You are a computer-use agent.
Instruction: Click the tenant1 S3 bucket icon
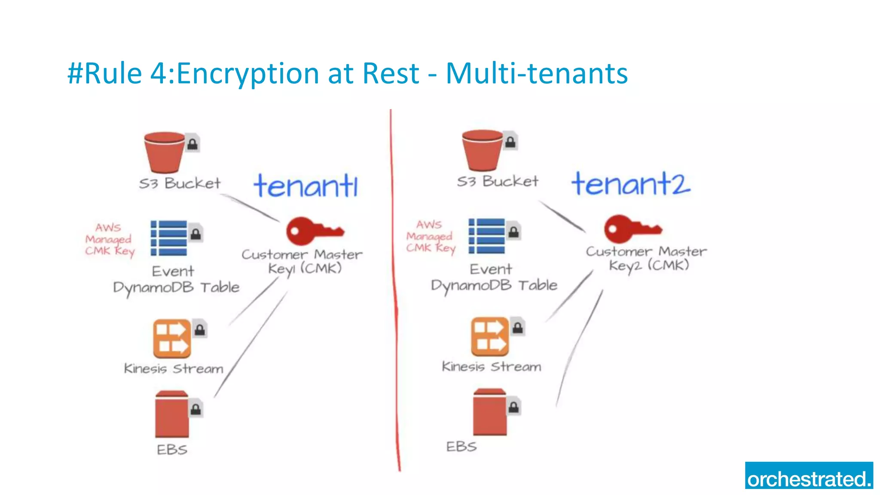pos(165,152)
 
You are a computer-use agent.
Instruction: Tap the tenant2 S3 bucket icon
pos(483,150)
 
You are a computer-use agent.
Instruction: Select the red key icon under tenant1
pos(314,231)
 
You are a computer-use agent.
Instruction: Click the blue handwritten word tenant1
pos(306,186)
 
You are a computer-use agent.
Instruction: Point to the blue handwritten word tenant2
pos(630,184)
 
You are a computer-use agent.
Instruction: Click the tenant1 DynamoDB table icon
pos(169,238)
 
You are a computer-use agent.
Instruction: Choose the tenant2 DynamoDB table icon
pos(487,236)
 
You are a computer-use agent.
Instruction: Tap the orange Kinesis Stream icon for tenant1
pos(172,339)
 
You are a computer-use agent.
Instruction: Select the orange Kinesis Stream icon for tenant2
pos(490,336)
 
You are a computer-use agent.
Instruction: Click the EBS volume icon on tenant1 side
pos(172,413)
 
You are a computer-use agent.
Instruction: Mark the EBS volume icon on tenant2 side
pos(490,412)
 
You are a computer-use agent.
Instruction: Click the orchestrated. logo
pos(809,476)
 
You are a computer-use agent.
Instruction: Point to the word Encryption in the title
pos(248,73)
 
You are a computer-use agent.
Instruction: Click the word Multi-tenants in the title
pos(537,73)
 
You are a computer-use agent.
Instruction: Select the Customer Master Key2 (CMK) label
pos(647,258)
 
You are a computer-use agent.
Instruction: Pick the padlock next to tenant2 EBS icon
pos(513,406)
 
